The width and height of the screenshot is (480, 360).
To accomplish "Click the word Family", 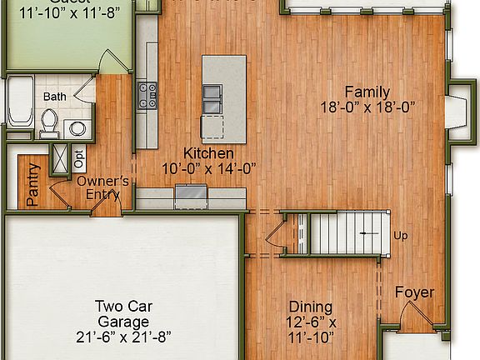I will tap(367, 92).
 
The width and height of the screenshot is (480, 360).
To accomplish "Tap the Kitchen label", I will tap(208, 153).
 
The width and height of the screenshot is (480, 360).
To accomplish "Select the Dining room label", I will tap(310, 307).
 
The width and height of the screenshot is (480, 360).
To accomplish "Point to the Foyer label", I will tap(414, 292).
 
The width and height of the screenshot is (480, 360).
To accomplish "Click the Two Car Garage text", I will tap(122, 313).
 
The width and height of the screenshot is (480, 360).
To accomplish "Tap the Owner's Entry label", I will tap(102, 187).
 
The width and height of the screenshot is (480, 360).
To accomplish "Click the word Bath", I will tap(55, 97).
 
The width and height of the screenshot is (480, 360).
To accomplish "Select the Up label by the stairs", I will tap(401, 236).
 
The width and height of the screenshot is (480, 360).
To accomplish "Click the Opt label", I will tap(79, 156).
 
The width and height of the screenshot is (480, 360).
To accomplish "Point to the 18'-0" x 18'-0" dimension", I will tap(367, 107).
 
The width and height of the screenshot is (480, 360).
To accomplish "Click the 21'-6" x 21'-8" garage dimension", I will tap(122, 337).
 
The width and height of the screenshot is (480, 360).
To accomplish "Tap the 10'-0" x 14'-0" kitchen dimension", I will tap(208, 167).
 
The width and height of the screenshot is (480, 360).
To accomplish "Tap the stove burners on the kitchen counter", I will tap(148, 95).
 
